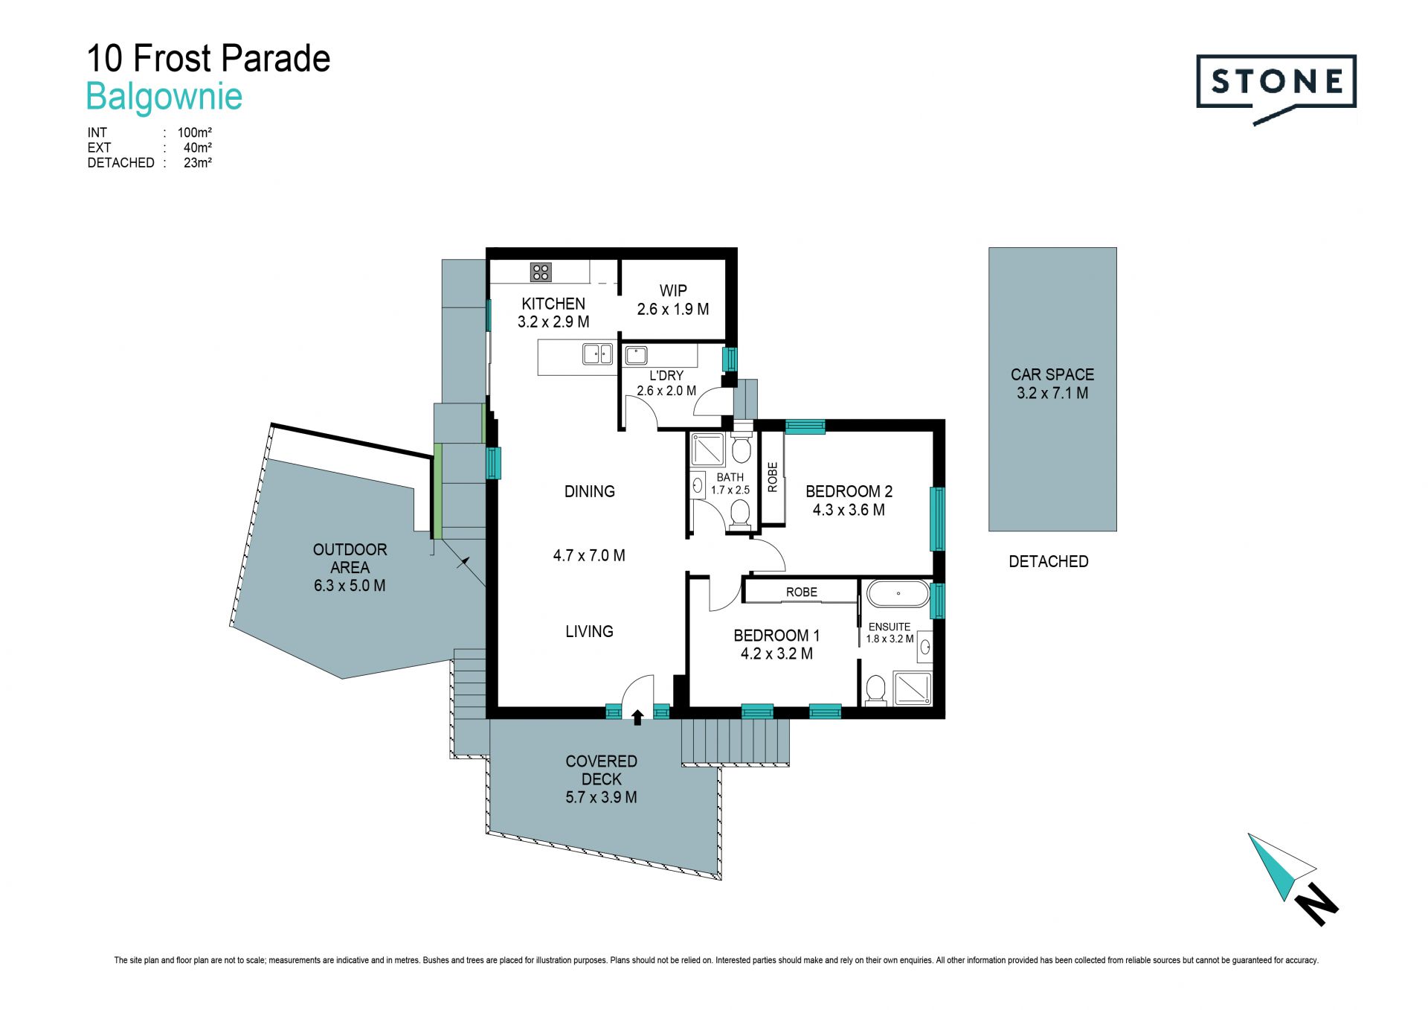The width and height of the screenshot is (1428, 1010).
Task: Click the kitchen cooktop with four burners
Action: (541, 272)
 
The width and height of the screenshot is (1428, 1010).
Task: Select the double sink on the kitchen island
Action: (597, 354)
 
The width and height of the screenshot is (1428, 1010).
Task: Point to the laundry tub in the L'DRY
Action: (636, 354)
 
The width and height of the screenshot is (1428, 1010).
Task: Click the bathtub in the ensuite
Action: (898, 594)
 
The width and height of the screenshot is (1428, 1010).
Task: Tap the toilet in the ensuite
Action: (875, 689)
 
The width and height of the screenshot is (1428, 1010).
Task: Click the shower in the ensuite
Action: (912, 688)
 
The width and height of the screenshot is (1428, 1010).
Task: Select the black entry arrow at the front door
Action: (637, 717)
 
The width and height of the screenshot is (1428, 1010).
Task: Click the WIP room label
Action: (673, 291)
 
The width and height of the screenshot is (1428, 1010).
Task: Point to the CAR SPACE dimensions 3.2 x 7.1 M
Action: (1052, 393)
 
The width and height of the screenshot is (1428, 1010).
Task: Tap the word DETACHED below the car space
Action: (1049, 562)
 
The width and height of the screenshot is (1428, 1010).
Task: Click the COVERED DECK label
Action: (601, 770)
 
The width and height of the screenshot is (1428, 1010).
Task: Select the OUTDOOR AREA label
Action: (350, 558)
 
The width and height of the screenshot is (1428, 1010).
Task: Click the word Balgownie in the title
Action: (164, 97)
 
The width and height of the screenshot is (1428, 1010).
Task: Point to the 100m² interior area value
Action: (195, 132)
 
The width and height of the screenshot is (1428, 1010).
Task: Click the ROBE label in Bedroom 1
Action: (802, 592)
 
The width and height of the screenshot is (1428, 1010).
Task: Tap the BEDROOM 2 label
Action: (849, 491)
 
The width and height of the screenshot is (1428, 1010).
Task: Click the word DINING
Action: (590, 491)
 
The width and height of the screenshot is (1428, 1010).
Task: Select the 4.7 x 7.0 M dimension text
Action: (589, 555)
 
